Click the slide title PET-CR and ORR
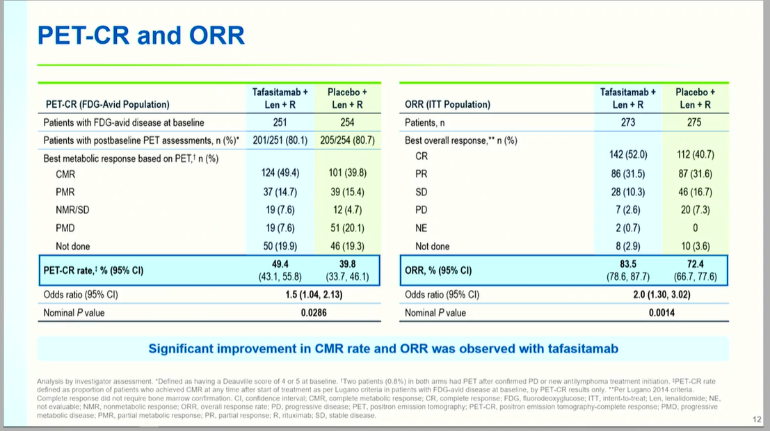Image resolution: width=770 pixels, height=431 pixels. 141,35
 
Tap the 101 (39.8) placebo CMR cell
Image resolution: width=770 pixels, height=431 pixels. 347,174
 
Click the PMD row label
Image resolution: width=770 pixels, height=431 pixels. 66,228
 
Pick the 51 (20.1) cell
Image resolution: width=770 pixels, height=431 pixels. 347,228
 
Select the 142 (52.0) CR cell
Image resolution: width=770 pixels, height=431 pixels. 628,155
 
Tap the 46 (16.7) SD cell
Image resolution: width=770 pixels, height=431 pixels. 695,192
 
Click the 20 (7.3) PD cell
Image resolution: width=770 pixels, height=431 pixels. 695,210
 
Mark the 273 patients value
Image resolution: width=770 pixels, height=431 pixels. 628,122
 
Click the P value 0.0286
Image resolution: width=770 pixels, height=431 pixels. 314,313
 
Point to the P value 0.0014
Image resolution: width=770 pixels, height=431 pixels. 661,313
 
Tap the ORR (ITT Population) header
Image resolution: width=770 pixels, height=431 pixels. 447,105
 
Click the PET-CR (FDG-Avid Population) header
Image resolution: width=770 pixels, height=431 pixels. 106,105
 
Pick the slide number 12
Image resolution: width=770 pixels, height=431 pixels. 757,419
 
